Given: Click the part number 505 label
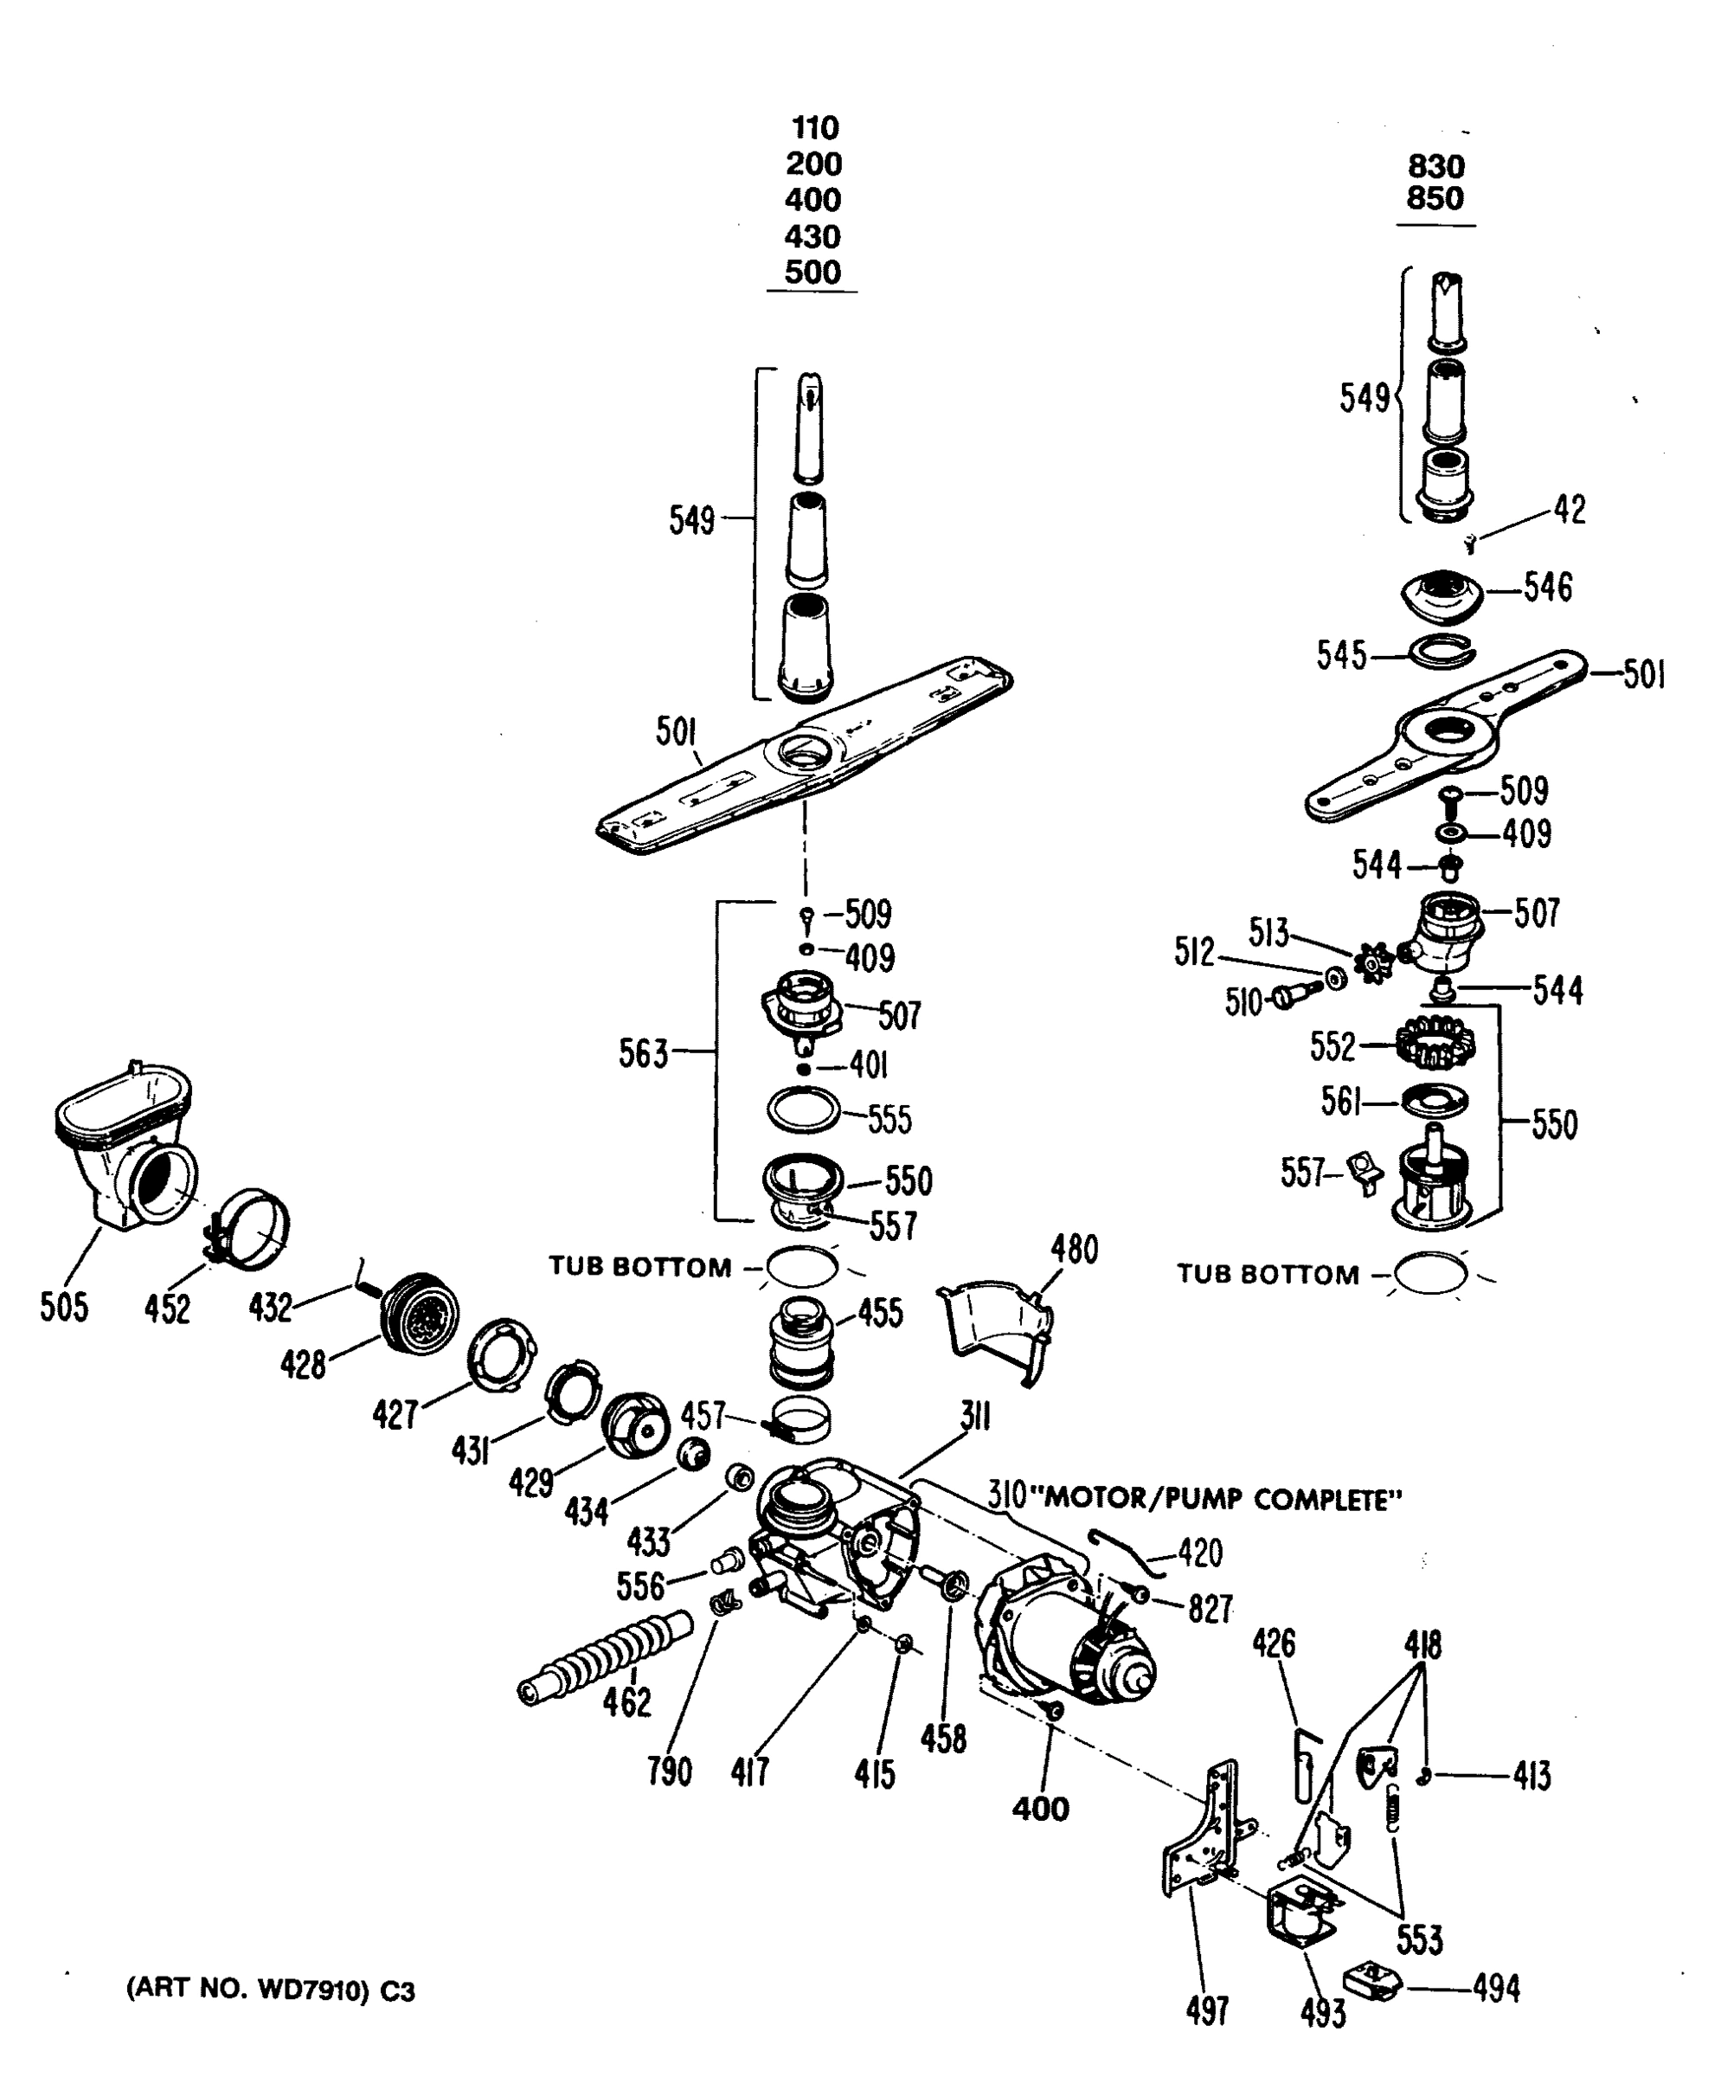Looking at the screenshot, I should coord(64,1307).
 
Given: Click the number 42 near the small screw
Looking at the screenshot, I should coord(1570,510).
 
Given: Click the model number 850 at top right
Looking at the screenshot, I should coord(1435,199).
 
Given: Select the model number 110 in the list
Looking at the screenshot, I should coord(815,127).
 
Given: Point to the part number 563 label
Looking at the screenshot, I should coord(644,1053).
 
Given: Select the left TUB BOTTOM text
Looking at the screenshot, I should coord(640,1267).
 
